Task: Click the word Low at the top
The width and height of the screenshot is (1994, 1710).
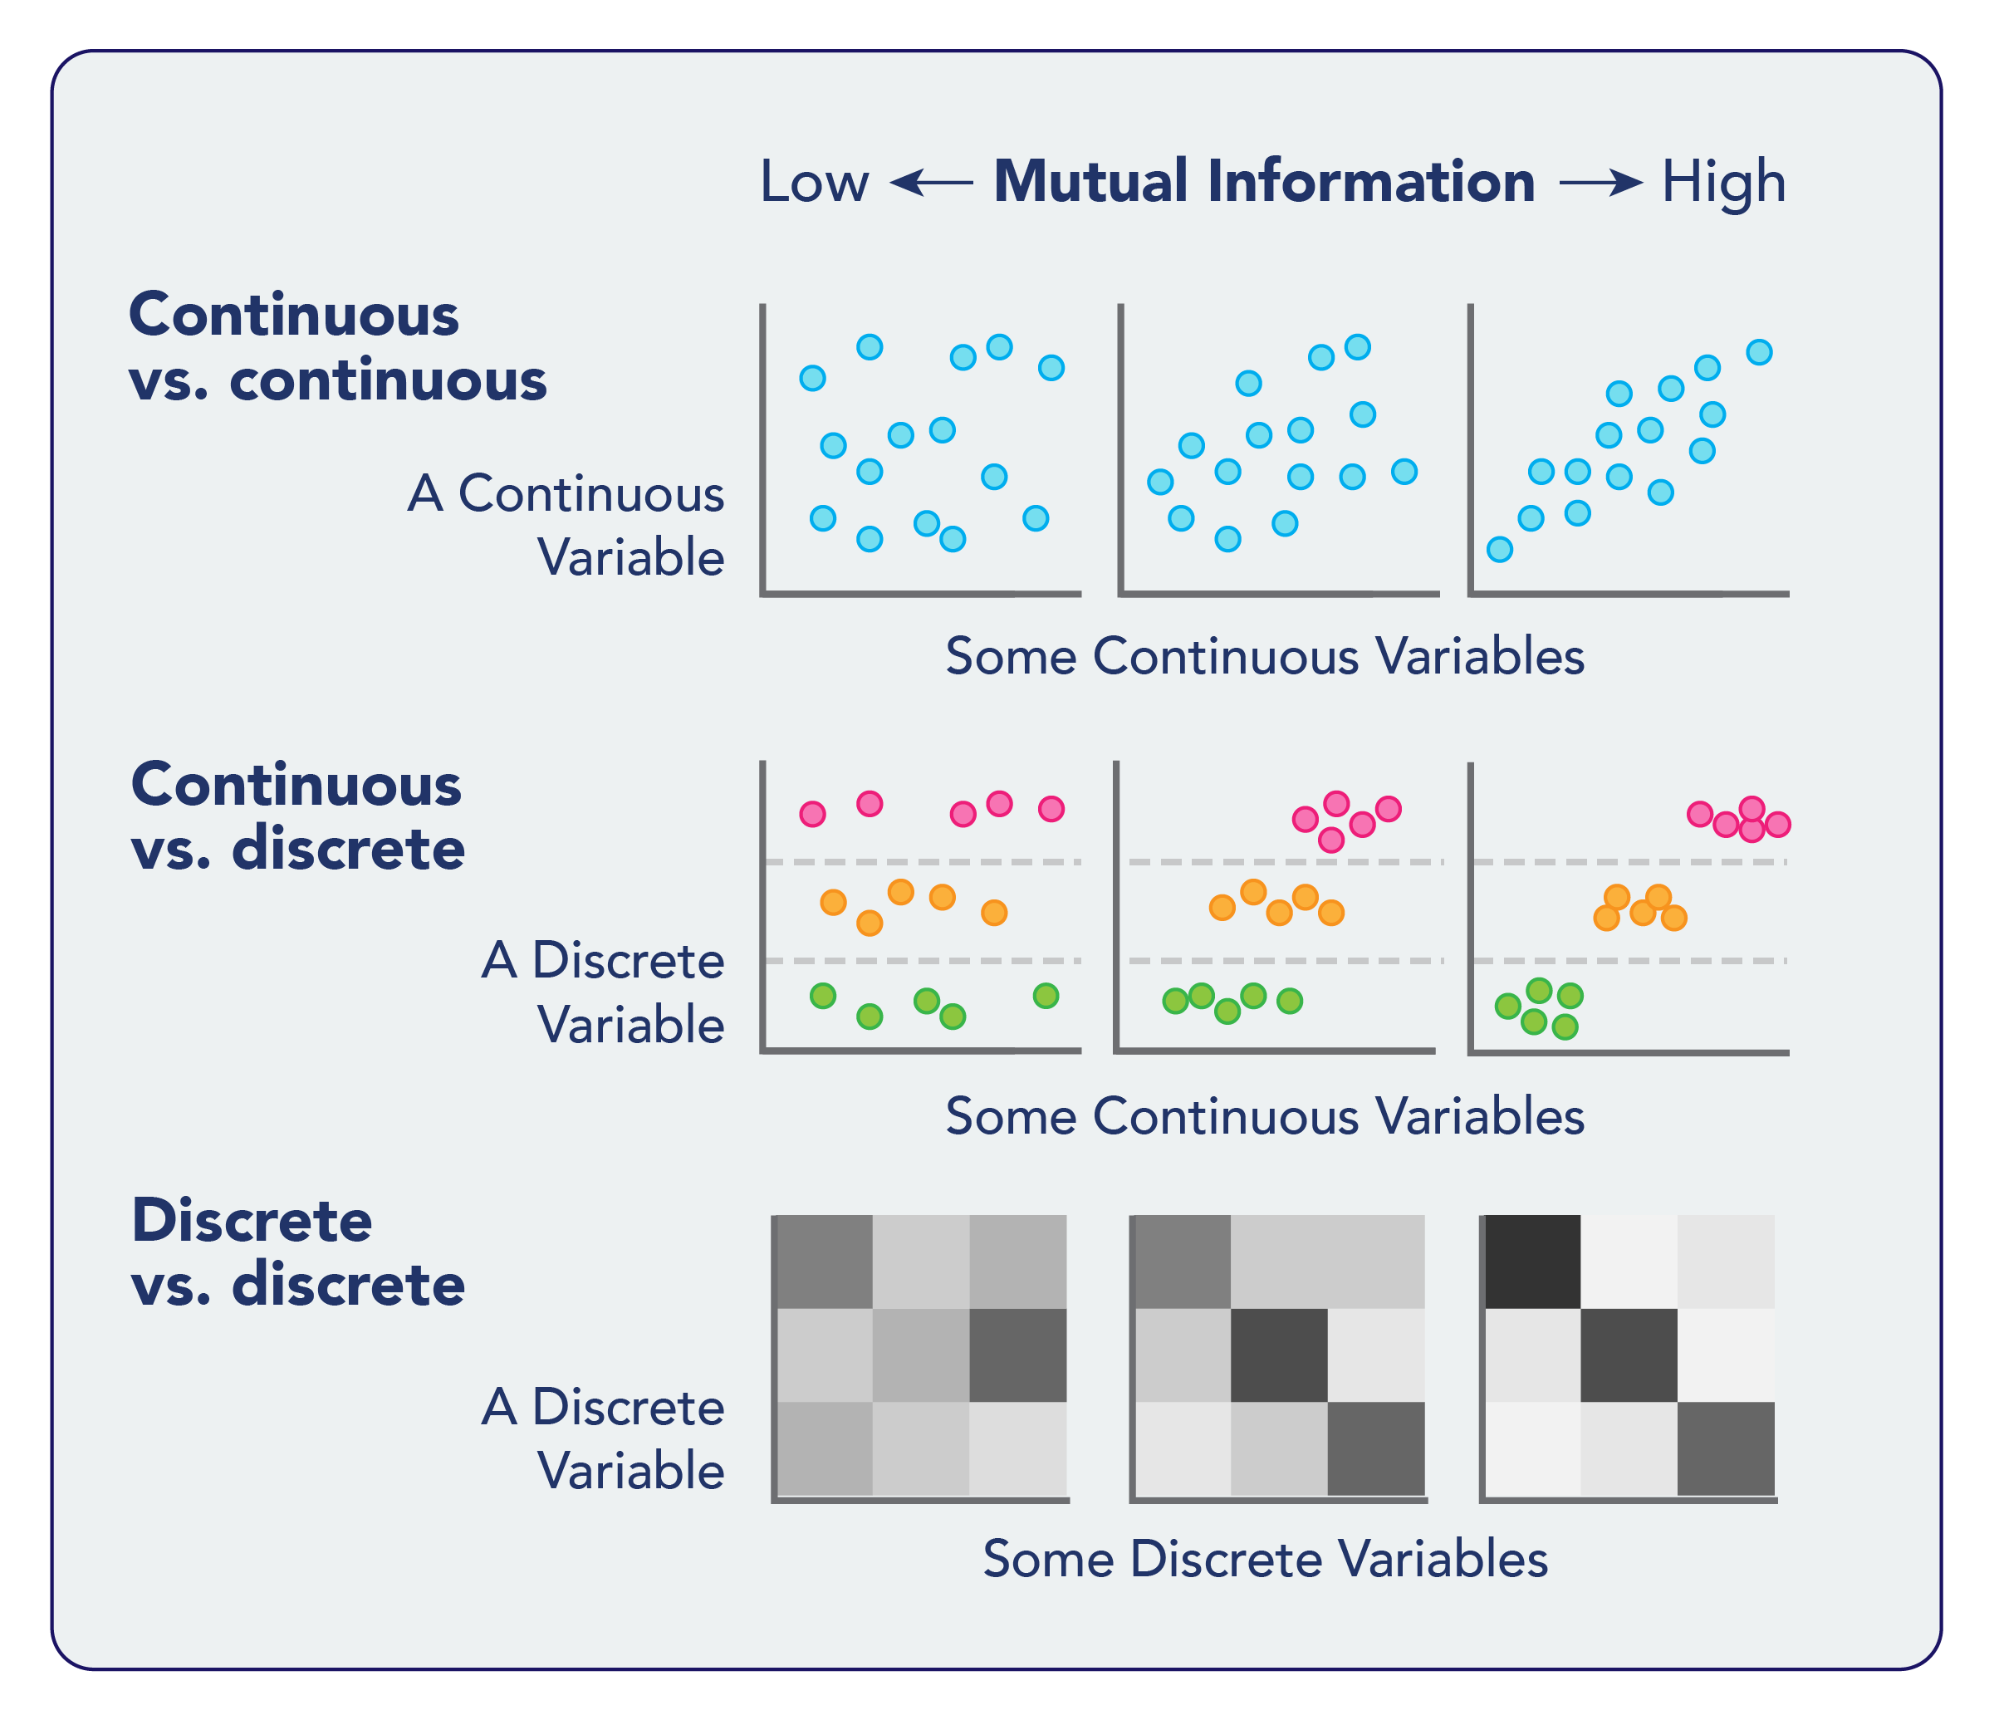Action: coord(813,182)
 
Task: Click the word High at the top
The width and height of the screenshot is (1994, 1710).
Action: coord(1722,182)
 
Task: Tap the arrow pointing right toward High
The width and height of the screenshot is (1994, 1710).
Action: coord(1600,182)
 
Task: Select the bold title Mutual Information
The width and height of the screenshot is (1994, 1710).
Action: coord(1263,182)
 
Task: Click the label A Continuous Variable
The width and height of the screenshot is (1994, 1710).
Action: coord(566,526)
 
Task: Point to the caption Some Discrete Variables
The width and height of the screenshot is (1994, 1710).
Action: coord(1265,1558)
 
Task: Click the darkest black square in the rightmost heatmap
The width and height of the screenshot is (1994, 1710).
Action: coord(1533,1262)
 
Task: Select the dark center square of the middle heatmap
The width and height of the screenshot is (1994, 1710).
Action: coord(1279,1355)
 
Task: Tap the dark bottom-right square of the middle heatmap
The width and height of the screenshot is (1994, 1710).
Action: coord(1376,1448)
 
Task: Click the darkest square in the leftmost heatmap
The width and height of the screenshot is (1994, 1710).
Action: coord(1018,1355)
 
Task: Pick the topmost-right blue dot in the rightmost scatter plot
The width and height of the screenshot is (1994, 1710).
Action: coord(1759,352)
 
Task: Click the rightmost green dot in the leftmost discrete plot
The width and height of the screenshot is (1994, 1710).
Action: coord(1046,996)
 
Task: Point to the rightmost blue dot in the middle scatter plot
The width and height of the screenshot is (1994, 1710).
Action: coord(1404,472)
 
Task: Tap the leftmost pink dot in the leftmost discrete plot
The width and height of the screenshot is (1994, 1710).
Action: coord(813,814)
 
